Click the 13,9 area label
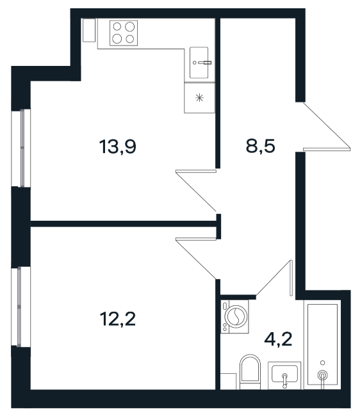coord(118,147)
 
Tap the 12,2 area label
coord(118,319)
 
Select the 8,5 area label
coord(261,146)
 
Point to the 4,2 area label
coord(278,339)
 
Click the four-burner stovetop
coord(124,33)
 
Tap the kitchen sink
coord(199,63)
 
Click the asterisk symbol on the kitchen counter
coord(199,98)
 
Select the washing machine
coord(234,316)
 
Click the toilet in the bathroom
coord(250,372)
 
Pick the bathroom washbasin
coord(284,375)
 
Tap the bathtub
coord(322,344)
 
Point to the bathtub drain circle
coord(323,375)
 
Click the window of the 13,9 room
coord(21,148)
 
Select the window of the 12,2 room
coord(20,307)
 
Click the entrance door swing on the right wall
coord(327,126)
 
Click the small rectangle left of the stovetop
coord(89,30)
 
